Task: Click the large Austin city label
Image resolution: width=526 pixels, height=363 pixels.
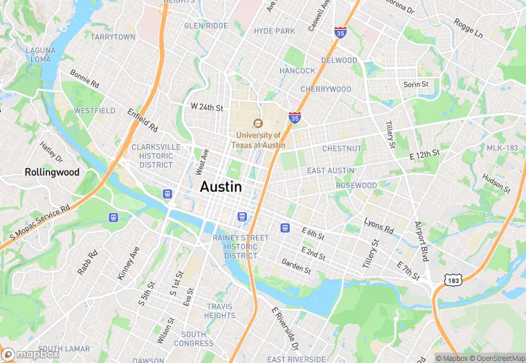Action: tap(221, 187)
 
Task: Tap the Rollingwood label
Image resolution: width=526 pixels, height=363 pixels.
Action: tap(52, 172)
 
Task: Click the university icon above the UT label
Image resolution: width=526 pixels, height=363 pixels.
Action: tap(258, 123)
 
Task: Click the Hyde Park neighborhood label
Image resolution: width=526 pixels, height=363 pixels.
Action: tap(274, 30)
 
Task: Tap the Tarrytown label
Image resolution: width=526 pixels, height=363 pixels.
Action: tap(113, 36)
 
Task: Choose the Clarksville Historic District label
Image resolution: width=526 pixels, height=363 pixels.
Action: tap(156, 156)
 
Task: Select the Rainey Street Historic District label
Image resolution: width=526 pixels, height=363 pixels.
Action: tap(240, 247)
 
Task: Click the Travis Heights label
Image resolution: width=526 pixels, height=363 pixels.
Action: tap(220, 311)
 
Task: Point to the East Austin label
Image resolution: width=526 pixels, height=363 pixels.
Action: tap(331, 170)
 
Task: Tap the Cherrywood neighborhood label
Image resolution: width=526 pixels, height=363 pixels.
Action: tap(325, 89)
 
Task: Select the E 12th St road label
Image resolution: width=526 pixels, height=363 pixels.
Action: tap(424, 155)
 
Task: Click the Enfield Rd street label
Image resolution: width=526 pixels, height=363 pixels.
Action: tap(143, 121)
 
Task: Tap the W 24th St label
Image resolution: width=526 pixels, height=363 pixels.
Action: tap(207, 107)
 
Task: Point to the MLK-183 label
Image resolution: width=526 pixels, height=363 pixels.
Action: tap(502, 148)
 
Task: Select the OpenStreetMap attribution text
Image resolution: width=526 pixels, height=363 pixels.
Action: tap(497, 357)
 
